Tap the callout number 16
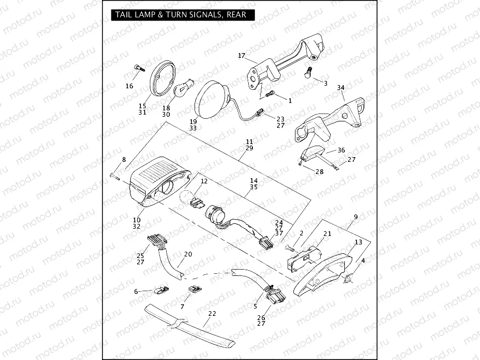(x=129, y=86)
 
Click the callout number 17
(x=241, y=56)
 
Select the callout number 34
(x=341, y=87)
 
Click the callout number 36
(x=341, y=150)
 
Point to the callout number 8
(x=124, y=159)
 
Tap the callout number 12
(x=204, y=181)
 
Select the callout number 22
(x=212, y=314)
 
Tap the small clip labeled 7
(x=195, y=289)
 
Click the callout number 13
(x=359, y=242)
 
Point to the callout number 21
(x=327, y=233)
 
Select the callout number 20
(x=188, y=253)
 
